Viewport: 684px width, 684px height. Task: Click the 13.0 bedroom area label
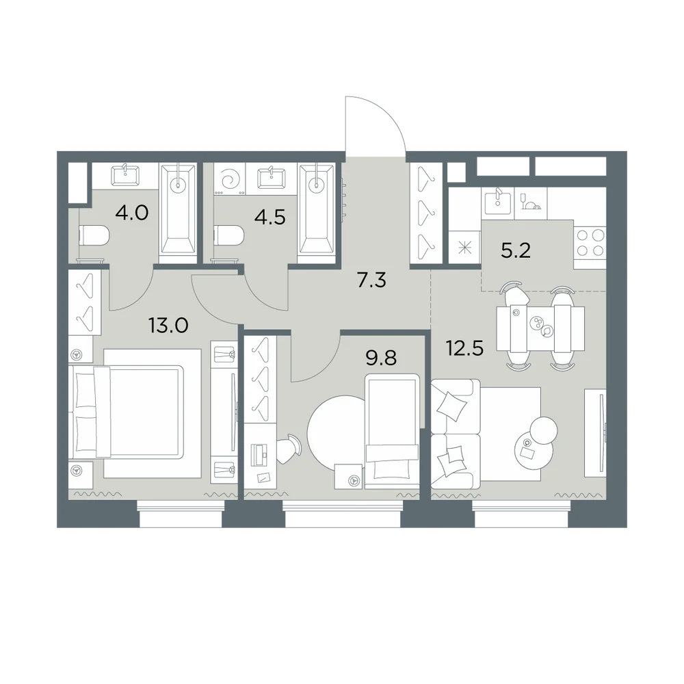click(x=168, y=326)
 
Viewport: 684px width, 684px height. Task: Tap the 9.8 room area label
click(x=381, y=358)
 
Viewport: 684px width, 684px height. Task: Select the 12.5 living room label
click(x=464, y=348)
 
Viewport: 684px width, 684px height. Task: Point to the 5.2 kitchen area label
click(x=516, y=251)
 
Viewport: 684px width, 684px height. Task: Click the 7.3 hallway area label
click(x=371, y=280)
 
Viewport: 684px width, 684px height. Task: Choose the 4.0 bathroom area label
click(x=132, y=213)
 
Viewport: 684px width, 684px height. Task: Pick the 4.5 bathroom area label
click(x=270, y=217)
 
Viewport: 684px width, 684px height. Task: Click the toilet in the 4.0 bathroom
click(x=93, y=235)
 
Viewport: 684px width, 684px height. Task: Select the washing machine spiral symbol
click(x=230, y=179)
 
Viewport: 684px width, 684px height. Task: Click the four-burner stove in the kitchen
click(x=590, y=244)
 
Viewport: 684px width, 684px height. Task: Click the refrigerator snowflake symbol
click(x=465, y=248)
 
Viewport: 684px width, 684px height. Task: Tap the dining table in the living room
click(x=540, y=328)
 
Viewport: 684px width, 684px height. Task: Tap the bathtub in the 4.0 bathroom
click(x=178, y=213)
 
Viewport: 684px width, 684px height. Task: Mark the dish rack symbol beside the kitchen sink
click(x=531, y=201)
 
